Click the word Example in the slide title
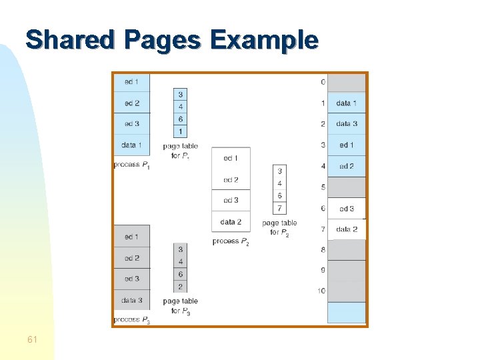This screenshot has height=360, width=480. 264,40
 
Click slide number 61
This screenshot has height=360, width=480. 33,340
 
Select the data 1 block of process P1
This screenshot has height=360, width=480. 131,145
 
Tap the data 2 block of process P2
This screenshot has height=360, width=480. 231,221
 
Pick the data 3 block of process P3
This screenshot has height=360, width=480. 131,300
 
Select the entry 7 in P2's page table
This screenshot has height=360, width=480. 279,208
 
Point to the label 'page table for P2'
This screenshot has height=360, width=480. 279,227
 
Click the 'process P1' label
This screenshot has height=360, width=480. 131,165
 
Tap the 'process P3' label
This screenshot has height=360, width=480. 131,320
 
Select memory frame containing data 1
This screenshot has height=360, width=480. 347,103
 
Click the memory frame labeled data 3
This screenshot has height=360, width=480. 347,124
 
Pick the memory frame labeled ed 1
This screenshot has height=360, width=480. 347,145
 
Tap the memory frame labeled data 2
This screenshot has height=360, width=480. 347,229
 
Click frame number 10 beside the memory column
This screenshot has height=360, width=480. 321,291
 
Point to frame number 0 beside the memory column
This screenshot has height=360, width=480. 323,82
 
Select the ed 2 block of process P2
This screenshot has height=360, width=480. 231,180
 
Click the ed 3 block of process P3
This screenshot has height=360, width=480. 131,279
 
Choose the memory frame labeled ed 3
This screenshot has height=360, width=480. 347,209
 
